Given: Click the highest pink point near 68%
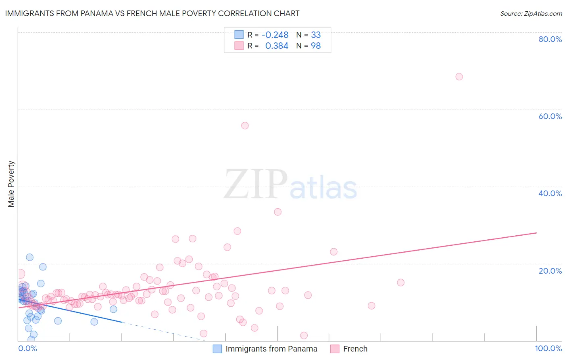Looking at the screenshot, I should [459, 77].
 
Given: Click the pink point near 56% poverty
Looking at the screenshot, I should [245, 126].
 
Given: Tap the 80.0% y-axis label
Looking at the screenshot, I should [550, 39].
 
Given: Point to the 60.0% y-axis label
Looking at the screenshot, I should [550, 116].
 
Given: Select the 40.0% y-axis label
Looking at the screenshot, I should [550, 193].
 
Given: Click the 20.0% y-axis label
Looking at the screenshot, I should [550, 270].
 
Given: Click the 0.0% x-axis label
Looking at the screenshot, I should [27, 348].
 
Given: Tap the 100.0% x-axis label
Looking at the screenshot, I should [548, 348].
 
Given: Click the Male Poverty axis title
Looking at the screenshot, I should [11, 184].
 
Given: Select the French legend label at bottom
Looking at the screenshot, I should [355, 349].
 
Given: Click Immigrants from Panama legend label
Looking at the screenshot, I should [271, 349].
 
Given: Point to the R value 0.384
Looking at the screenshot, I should [277, 46].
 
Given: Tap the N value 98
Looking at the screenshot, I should [316, 46].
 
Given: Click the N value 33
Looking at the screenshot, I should [316, 35].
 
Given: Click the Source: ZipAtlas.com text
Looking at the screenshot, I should [531, 13].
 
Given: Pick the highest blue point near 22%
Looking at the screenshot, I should [29, 257].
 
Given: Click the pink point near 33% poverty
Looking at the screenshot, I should [277, 212].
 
